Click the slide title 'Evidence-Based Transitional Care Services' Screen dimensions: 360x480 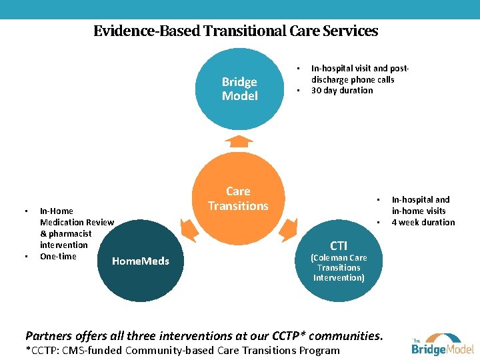(235, 31)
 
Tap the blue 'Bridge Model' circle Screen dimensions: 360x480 (239, 89)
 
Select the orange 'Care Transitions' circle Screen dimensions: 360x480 (238, 199)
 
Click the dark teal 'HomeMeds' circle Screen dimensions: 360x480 (140, 261)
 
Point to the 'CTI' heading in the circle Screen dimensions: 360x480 (339, 246)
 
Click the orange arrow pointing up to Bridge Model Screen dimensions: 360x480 (238, 141)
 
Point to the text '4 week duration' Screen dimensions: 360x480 (423, 222)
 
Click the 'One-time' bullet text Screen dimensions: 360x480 (58, 256)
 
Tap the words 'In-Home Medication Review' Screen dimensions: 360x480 (77, 217)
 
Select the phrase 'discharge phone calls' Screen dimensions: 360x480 (353, 79)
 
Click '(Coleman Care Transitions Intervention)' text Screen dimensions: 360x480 (339, 267)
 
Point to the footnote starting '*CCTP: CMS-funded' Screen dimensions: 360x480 (182, 351)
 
